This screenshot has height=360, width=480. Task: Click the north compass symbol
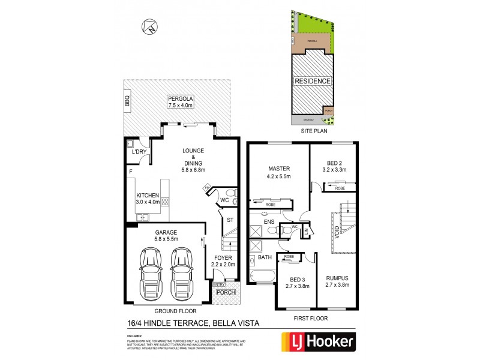coord(149,26)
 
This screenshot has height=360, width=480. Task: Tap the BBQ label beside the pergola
coord(127,101)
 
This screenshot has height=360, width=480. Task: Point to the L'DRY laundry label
coord(139,152)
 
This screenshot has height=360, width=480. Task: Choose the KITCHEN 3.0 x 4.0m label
coord(147,199)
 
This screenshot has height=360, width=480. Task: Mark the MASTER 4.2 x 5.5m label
coord(279,173)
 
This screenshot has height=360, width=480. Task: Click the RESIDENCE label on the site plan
coord(312,80)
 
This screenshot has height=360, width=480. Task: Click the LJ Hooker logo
coord(319,342)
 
